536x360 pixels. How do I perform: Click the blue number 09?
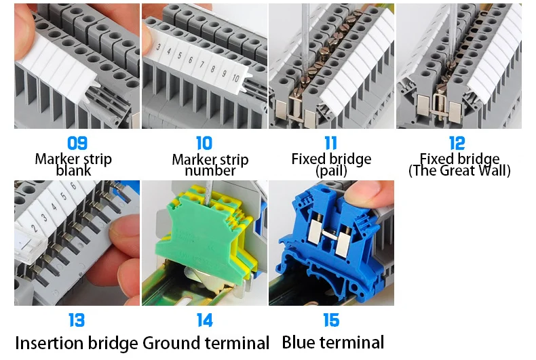click(78, 143)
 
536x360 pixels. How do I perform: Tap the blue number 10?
click(204, 143)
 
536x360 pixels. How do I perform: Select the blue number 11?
click(331, 143)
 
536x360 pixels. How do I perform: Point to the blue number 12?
click(457, 143)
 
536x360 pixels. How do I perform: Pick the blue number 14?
click(204, 320)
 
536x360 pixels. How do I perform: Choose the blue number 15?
click(331, 320)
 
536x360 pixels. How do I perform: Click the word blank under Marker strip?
click(73, 171)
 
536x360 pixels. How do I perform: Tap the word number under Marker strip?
click(210, 171)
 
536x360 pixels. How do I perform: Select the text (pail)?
click(331, 171)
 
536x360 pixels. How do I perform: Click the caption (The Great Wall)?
click(459, 171)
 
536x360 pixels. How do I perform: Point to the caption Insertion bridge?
click(77, 343)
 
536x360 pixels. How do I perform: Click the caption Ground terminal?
click(206, 343)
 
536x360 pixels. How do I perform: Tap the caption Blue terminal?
click(332, 342)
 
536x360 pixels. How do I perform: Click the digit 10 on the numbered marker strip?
click(235, 78)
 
